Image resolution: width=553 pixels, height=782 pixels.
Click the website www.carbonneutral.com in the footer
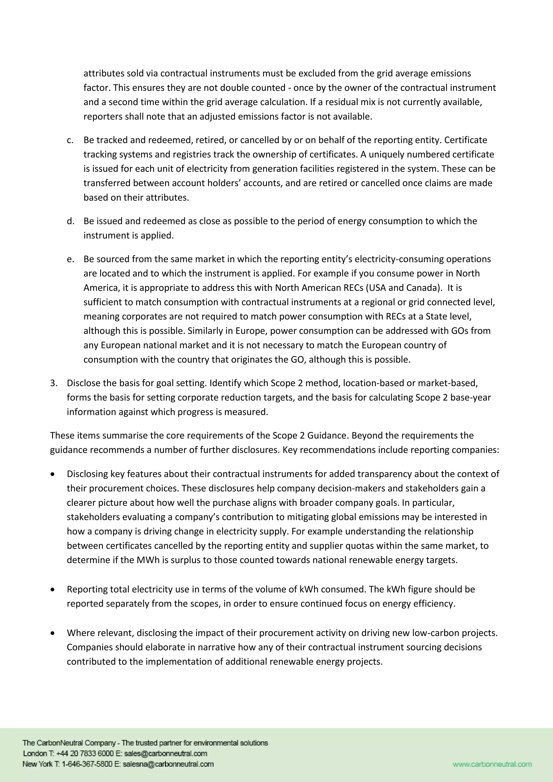pos(492,764)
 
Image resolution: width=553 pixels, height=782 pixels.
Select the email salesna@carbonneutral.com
pos(168,764)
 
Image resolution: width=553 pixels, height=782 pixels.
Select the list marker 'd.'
pos(70,221)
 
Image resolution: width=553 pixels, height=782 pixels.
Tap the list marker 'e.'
pos(70,259)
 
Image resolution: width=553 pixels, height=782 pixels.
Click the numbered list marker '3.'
pos(53,383)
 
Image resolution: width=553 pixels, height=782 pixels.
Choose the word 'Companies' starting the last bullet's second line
pos(89,647)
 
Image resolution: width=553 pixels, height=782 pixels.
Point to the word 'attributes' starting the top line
pos(104,73)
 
